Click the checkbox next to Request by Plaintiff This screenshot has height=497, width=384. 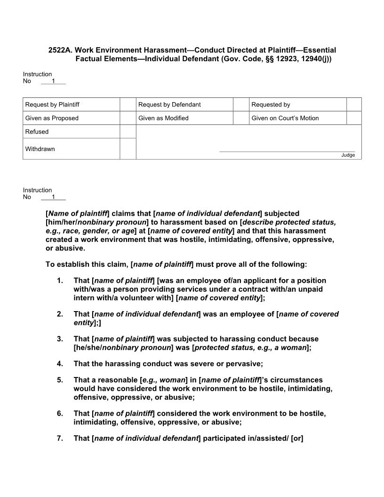(x=128, y=104)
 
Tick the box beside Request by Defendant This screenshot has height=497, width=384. (x=241, y=104)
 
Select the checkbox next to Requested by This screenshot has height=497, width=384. (x=354, y=104)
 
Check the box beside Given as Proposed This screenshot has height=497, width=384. (x=128, y=118)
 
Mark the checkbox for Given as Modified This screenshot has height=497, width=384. (x=241, y=118)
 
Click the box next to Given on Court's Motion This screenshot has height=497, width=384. (x=354, y=118)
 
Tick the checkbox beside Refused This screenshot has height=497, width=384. (x=128, y=132)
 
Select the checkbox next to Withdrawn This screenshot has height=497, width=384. (x=128, y=149)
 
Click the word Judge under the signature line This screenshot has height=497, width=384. (x=348, y=155)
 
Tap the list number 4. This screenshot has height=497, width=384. (x=60, y=363)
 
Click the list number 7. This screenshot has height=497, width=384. (x=60, y=438)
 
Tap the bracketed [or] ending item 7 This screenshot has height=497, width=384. (x=297, y=438)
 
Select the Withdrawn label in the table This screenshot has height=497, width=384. (x=40, y=149)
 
